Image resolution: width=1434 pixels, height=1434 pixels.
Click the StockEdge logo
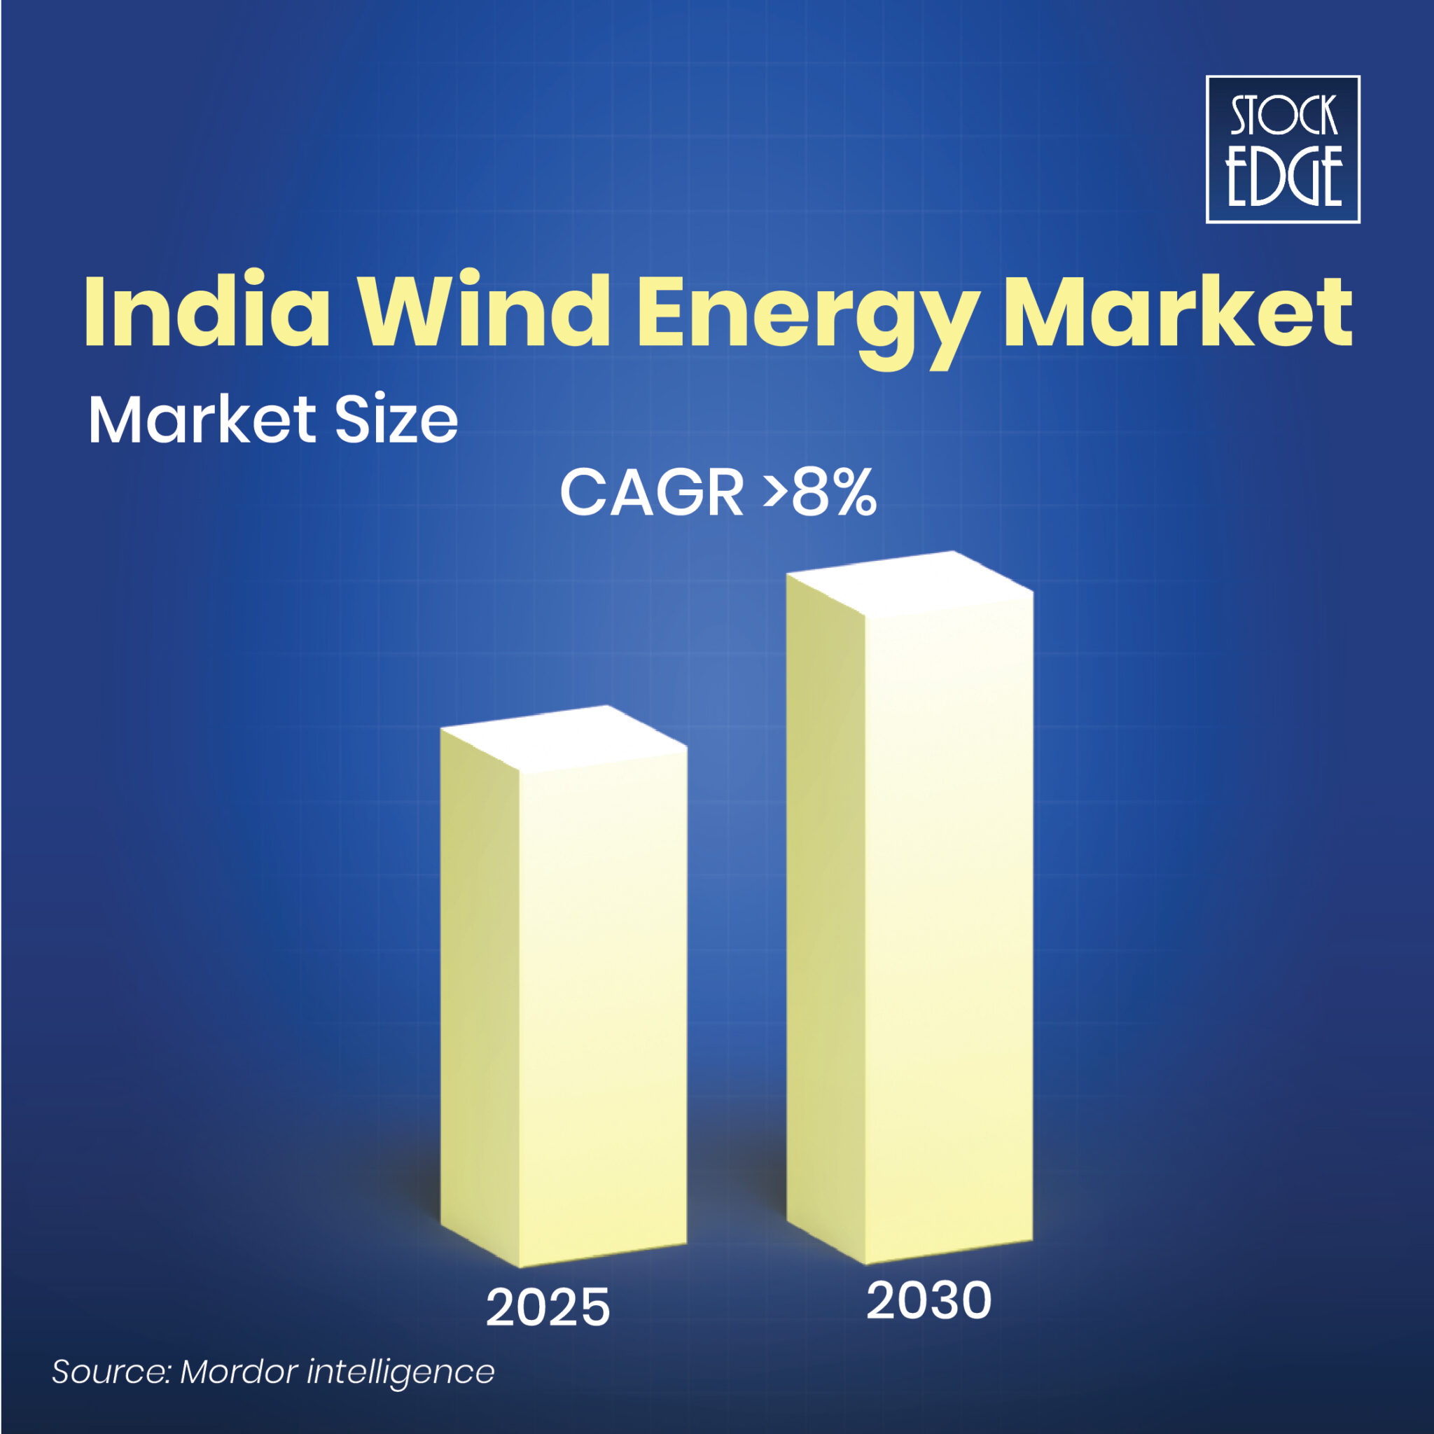coord(1282,149)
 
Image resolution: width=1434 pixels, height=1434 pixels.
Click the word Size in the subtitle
coord(396,420)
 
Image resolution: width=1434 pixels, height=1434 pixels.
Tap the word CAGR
coord(651,492)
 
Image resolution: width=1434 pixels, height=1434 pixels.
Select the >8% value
coord(821,492)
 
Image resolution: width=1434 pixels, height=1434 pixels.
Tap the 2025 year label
coord(548,1328)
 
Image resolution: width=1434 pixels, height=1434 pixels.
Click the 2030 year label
coord(928,1322)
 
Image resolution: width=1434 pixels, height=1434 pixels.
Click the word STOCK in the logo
coord(1283,116)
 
